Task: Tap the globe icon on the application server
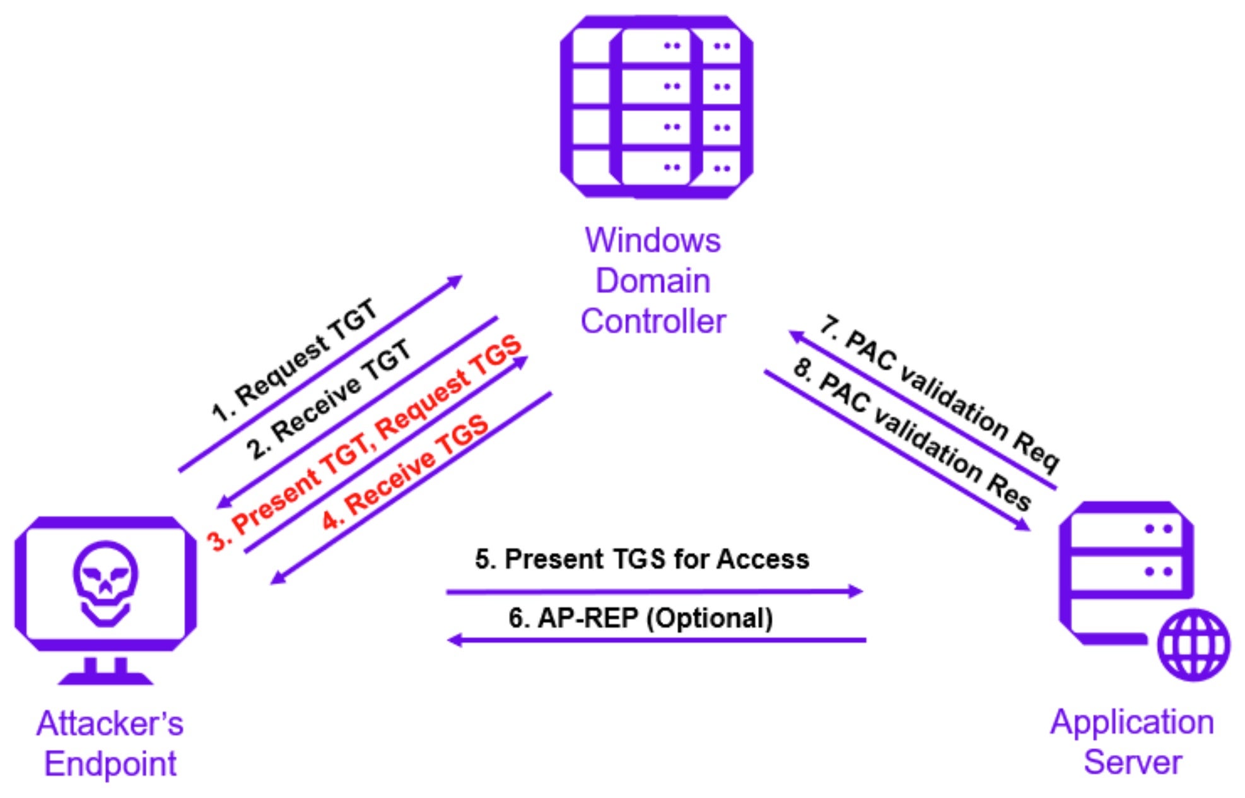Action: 1194,644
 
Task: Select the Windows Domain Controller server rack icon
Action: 656,106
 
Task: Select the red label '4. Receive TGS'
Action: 406,472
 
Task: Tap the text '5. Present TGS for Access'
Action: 641,559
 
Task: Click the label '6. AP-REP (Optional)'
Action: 640,618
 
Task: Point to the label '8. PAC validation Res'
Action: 912,434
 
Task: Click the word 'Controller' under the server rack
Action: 653,321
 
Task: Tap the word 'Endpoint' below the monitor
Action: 110,764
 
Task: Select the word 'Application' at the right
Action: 1131,722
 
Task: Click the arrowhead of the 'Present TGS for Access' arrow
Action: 856,592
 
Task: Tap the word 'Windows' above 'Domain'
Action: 653,241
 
